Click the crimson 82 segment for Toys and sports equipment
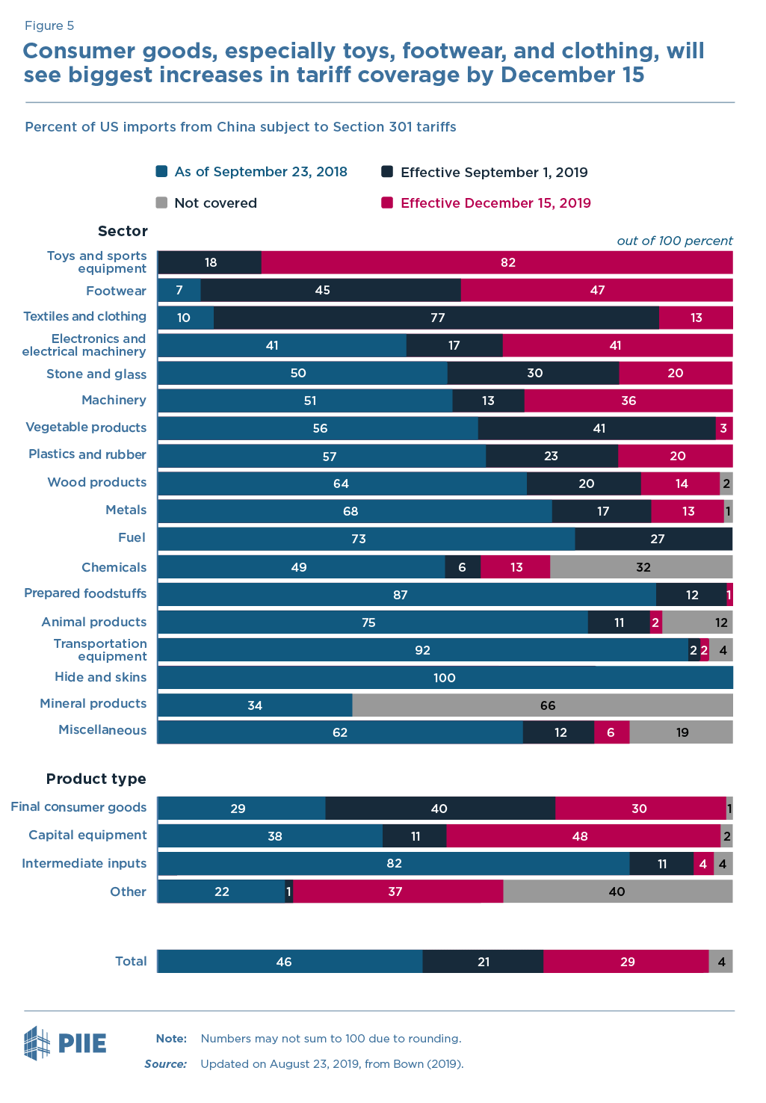pos(497,262)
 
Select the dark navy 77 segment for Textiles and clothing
pos(436,318)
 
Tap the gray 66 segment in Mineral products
pos(543,705)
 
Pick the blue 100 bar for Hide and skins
pos(445,678)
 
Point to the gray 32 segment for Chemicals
pos(641,567)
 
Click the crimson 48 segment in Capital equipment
pos(583,836)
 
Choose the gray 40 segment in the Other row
pos(617,892)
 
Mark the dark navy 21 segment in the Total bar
pos(483,962)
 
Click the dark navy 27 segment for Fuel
pos(654,539)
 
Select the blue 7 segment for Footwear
pos(179,290)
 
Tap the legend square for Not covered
pos(161,203)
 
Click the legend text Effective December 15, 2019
pos(495,203)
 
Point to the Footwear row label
pos(116,291)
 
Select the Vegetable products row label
pos(86,427)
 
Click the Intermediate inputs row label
pos(84,863)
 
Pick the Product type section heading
pos(96,779)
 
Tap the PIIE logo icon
pos(37,1043)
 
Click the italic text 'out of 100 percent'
pos(674,241)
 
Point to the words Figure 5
pos(49,25)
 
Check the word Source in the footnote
pos(165,1064)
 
